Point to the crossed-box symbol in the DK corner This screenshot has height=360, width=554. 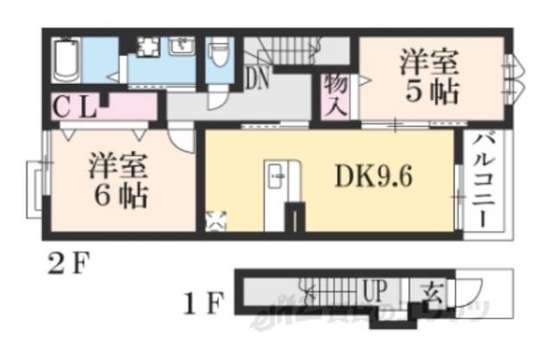coord(214,221)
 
